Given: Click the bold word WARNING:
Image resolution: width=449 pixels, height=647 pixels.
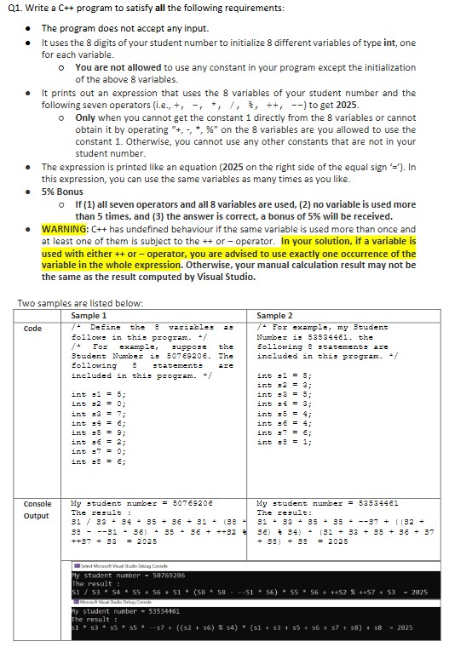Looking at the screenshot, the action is [65, 230].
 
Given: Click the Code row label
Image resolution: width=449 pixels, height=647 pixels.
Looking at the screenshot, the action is [32, 329].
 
